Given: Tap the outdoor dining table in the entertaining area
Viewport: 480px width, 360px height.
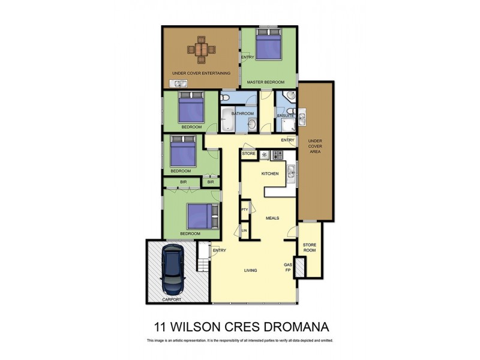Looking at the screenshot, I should (201, 49).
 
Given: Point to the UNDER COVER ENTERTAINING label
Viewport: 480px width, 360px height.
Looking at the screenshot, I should (201, 73).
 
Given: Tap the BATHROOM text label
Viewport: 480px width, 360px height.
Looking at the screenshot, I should (243, 113).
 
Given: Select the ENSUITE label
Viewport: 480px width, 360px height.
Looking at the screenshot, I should (285, 115).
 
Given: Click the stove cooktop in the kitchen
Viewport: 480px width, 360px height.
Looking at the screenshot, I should (278, 154).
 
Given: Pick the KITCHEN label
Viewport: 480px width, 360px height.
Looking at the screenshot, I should (269, 173).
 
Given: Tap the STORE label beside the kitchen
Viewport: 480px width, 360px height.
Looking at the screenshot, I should (249, 154).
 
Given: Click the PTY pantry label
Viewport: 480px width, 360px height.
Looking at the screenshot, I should (245, 209).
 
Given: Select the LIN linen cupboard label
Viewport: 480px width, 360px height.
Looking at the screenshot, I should (245, 230).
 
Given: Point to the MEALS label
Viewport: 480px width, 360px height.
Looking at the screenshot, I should (273, 218).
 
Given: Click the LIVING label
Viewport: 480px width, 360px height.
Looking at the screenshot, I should (250, 271).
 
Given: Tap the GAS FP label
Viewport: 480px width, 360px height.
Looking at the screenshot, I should (288, 267).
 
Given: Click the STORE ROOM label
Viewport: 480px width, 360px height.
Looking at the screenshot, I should (309, 248).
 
